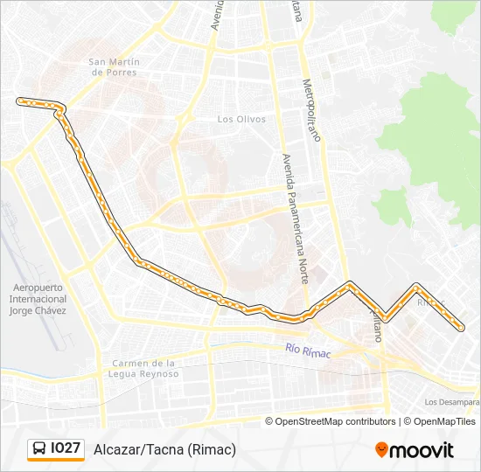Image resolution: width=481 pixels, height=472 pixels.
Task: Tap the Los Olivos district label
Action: tap(241, 119)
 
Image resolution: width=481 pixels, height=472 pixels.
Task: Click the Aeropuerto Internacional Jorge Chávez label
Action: tap(38, 299)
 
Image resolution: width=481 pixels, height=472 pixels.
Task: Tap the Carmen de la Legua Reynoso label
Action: tap(145, 368)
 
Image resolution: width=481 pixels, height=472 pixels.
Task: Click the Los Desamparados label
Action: tap(451, 402)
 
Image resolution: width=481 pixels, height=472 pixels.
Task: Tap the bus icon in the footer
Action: tap(38, 449)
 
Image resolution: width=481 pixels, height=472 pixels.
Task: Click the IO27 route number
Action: tap(66, 449)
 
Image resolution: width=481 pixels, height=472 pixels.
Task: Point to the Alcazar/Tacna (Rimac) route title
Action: tap(164, 449)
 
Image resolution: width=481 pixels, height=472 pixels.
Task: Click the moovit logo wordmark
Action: tap(422, 450)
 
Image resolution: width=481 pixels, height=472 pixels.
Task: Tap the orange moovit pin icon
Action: tap(381, 450)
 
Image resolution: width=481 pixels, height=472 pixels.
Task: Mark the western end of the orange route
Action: tap(19, 101)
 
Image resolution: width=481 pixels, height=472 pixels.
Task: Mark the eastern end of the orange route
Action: tap(461, 329)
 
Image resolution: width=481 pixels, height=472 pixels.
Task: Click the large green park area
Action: tap(437, 140)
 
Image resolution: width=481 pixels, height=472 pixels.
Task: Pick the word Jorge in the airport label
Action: tap(21, 311)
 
